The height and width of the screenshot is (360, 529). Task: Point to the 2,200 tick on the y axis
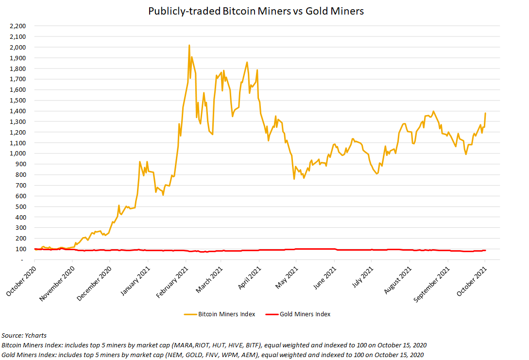click(18, 26)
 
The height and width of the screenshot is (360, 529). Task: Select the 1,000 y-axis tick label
click(18, 154)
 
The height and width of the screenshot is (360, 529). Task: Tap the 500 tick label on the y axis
click(21, 206)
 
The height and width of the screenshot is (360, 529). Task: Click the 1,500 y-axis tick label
click(18, 100)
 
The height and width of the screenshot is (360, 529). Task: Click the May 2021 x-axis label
click(284, 280)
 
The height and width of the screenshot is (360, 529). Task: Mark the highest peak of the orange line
click(189, 45)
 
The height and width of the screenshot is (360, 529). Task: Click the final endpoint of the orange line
click(485, 113)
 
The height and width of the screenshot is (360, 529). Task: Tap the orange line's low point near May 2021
click(294, 179)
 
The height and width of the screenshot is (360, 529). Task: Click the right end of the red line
click(485, 250)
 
